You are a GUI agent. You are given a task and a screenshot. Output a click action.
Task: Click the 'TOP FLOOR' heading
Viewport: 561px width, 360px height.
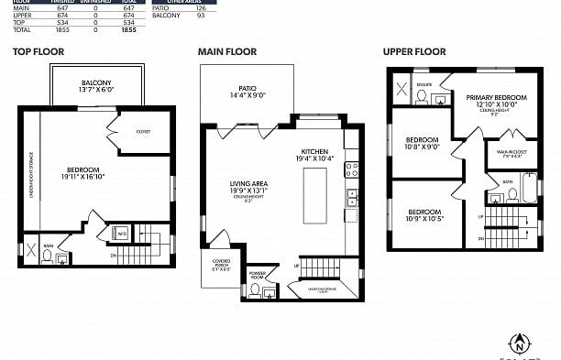[38, 51]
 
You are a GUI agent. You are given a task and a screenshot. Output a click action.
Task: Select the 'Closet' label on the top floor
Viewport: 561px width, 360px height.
[143, 131]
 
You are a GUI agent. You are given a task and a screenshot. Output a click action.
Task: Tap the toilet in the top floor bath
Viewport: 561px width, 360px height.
[48, 256]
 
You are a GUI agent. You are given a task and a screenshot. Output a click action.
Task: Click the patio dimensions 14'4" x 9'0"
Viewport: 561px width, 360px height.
[246, 93]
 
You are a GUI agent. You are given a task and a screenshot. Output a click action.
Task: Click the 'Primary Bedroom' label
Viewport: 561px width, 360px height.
[496, 101]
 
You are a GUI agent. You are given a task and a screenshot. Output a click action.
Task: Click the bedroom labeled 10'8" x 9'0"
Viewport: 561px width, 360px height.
[423, 143]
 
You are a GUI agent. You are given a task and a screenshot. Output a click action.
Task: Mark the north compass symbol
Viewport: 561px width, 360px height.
[520, 344]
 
